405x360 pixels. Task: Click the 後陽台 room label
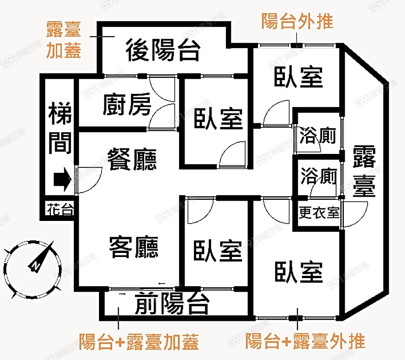[x=163, y=50]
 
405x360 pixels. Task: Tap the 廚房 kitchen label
[x=127, y=104]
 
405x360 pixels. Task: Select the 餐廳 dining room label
[x=132, y=159]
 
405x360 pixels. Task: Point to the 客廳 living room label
[x=134, y=247]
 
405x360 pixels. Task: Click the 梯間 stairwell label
[x=60, y=128]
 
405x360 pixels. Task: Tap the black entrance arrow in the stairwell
[x=62, y=179]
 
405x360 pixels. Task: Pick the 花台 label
[x=60, y=209]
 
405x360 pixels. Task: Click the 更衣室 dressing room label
[x=319, y=212]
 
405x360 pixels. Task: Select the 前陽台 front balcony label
[x=172, y=303]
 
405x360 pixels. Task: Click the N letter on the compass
[x=35, y=266]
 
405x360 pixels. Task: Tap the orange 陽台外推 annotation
[x=297, y=21]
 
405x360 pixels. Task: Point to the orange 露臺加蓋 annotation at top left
[x=64, y=40]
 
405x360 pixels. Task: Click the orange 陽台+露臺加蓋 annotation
[x=139, y=342]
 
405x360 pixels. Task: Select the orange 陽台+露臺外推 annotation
[x=305, y=341]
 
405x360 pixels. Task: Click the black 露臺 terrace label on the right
[x=364, y=171]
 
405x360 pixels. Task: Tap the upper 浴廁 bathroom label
[x=318, y=135]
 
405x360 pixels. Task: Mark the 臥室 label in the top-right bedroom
[x=299, y=77]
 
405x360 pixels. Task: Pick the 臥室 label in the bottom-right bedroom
[x=299, y=272]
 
